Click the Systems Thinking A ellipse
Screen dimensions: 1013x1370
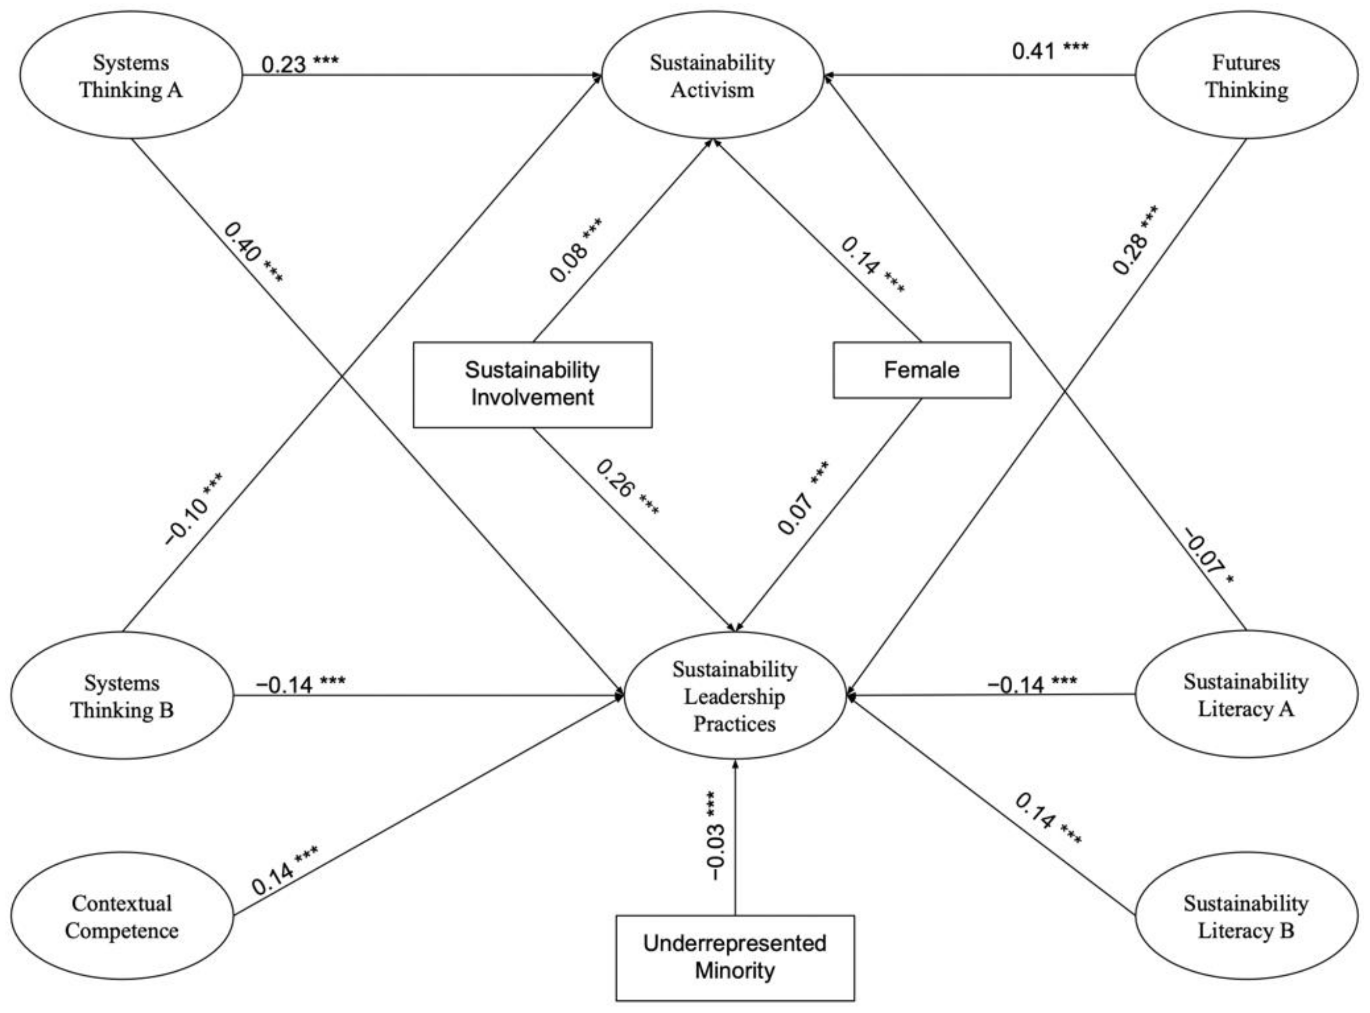131,76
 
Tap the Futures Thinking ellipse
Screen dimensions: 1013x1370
1246,76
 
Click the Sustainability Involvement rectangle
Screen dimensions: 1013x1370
532,384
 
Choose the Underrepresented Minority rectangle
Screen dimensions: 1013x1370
735,957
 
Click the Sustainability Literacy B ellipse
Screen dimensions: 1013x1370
1246,917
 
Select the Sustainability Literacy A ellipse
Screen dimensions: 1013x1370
1246,695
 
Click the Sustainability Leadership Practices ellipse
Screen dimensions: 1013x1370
735,696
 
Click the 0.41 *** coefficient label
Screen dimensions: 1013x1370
1050,50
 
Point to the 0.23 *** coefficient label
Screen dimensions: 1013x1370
300,63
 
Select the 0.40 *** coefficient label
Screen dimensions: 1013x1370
253,253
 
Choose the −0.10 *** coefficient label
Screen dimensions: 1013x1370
194,509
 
